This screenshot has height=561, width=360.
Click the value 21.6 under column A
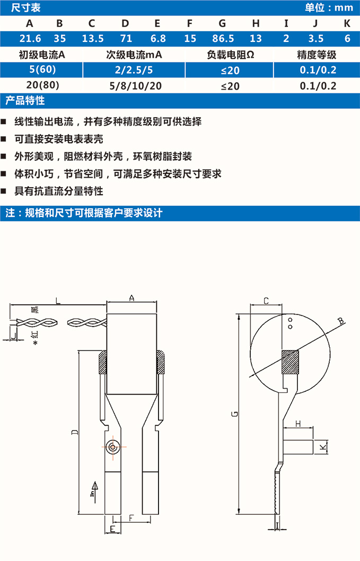(x=29, y=39)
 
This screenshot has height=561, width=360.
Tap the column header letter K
(x=347, y=23)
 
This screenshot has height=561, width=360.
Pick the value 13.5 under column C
(x=92, y=39)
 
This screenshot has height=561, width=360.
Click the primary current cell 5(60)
(x=45, y=70)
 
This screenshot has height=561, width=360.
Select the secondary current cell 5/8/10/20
(x=134, y=86)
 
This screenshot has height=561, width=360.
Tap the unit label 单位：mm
(x=329, y=7)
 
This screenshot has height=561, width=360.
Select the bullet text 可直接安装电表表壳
(x=59, y=139)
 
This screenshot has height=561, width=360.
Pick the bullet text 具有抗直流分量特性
(x=59, y=191)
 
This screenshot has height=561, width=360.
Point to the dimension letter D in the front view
(x=74, y=433)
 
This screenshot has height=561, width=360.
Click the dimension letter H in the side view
(x=298, y=423)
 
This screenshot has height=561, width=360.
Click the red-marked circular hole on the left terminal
(x=112, y=447)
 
